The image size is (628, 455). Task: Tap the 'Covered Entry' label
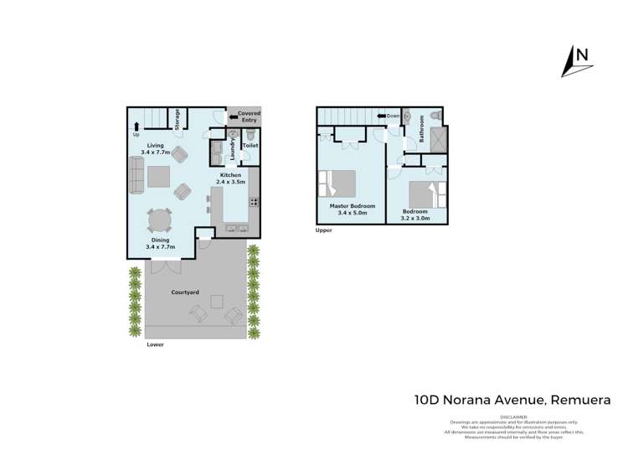(250, 116)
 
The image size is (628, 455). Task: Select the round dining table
(160, 220)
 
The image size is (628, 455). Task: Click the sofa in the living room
(135, 175)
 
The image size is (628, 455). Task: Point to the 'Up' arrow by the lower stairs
(136, 127)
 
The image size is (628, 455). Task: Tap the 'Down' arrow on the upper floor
(389, 116)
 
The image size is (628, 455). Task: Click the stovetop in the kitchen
(252, 202)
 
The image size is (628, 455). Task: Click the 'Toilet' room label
(250, 146)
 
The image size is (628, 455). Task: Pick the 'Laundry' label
(232, 148)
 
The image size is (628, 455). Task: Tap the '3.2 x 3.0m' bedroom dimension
(415, 218)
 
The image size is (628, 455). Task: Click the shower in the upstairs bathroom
(437, 139)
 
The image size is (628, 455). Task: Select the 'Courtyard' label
(184, 292)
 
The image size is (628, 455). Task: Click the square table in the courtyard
(217, 301)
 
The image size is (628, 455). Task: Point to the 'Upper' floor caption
(324, 230)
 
